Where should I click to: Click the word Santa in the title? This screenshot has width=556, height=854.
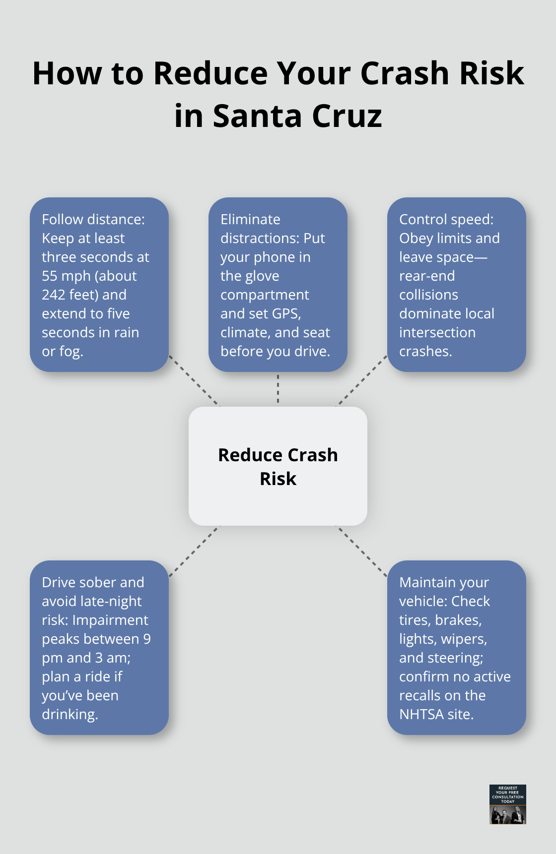tap(257, 116)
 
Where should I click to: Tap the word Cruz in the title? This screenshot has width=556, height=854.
tap(347, 116)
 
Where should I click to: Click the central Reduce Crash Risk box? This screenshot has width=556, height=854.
tap(278, 466)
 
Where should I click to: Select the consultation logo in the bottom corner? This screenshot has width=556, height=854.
tap(507, 804)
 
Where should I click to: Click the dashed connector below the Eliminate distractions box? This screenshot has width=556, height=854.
tap(278, 389)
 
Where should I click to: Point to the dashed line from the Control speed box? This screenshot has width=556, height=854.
tap(362, 380)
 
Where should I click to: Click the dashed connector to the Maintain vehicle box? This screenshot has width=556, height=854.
tap(362, 551)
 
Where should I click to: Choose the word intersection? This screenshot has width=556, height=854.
tap(437, 332)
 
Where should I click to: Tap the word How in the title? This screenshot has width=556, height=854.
tap(68, 73)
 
